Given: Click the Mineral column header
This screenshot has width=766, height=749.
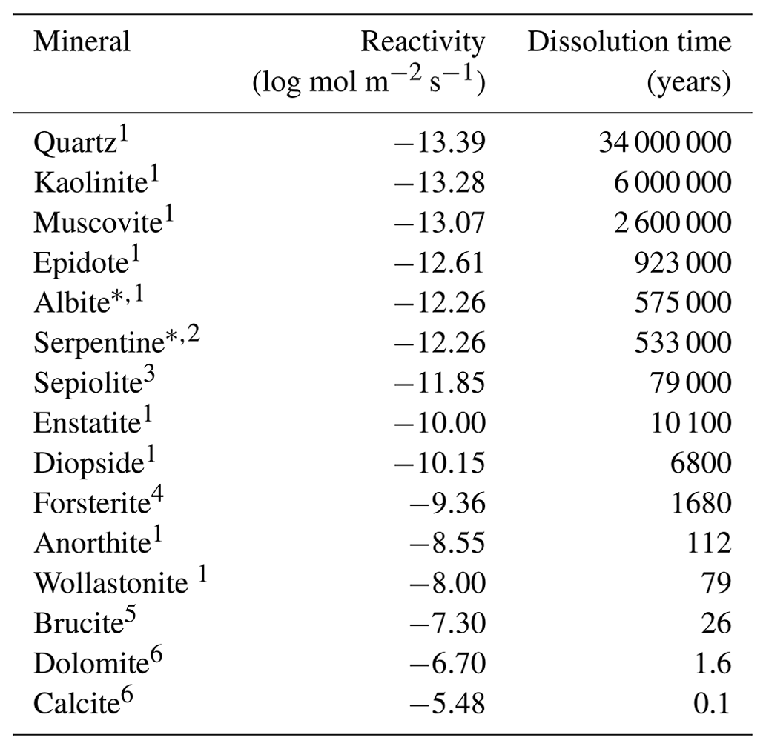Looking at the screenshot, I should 82,42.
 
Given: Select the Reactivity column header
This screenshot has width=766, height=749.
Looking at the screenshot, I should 422,42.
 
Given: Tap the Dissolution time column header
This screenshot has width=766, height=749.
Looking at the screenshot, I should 629,42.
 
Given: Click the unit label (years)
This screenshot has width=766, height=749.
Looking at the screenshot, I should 689,84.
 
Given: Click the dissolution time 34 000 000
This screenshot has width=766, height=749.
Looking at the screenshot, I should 664,143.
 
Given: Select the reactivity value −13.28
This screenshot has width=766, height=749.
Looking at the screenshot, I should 438,183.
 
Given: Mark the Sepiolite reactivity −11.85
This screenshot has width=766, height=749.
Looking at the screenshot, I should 438,383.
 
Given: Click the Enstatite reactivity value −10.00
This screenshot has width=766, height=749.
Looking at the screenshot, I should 438,423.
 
